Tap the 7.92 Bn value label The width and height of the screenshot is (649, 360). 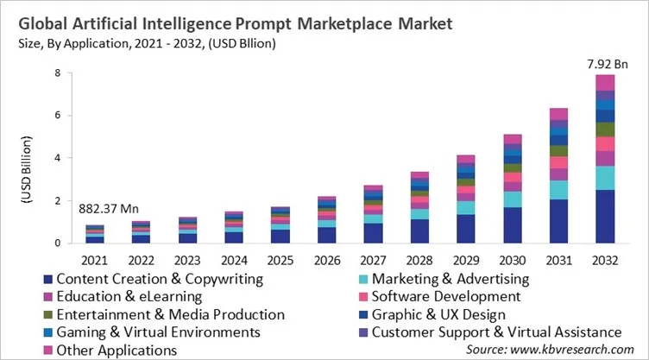(606, 63)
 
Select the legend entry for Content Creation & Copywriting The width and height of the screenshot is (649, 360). (147, 280)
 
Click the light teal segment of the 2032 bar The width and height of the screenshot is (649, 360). (606, 178)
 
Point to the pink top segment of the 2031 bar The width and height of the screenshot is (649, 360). (558, 114)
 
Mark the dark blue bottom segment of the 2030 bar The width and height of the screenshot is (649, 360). (512, 224)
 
